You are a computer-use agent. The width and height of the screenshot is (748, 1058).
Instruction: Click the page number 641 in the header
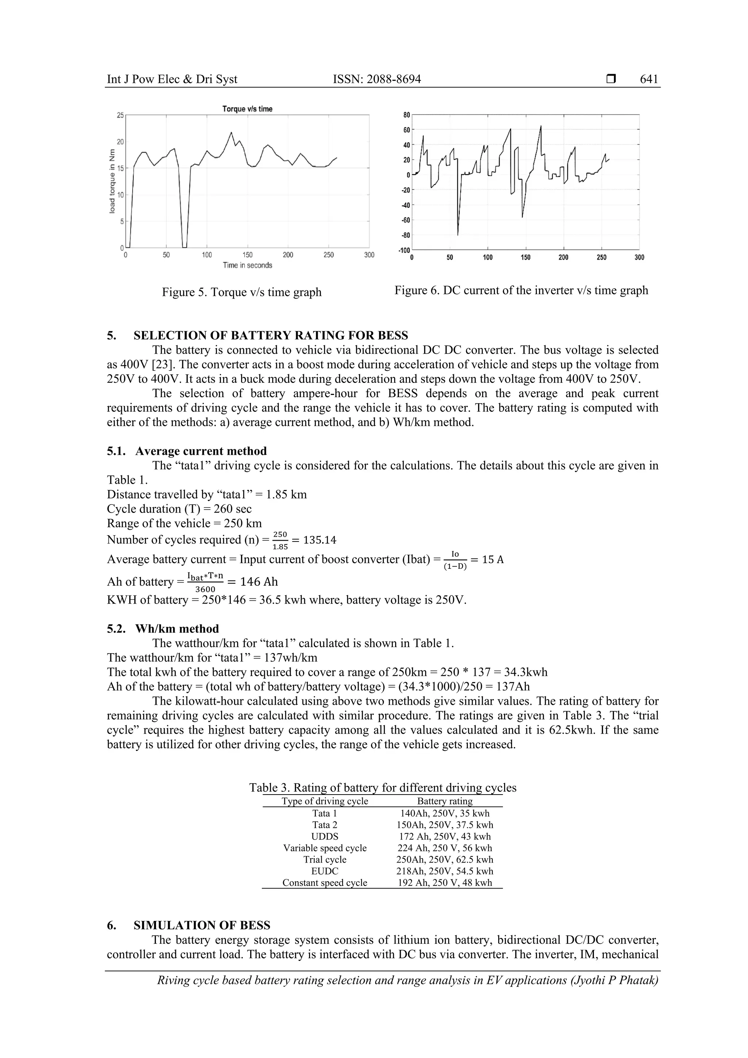[649, 79]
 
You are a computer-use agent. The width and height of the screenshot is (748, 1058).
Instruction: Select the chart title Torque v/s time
[247, 109]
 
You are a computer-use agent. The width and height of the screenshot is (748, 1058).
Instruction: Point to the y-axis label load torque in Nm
[112, 182]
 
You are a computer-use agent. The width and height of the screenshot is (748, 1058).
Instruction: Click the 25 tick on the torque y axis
[120, 115]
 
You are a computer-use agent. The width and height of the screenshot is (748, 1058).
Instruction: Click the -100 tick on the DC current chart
[404, 250]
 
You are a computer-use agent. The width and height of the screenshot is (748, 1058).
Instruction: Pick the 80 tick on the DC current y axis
[406, 115]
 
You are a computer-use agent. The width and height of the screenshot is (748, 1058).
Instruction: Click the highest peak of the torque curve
[231, 133]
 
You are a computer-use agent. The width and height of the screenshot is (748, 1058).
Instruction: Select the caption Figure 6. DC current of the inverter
[521, 290]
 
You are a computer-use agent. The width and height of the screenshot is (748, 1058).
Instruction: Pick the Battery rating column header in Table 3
[444, 801]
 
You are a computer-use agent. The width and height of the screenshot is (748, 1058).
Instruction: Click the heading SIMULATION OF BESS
[202, 925]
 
